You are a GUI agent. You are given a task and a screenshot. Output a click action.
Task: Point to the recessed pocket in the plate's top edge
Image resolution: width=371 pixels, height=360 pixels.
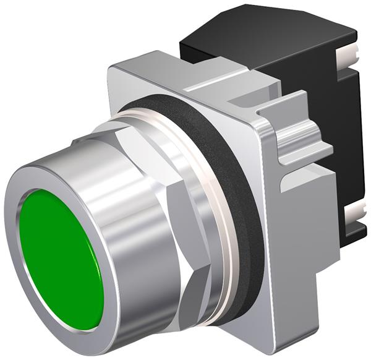coord(204,77)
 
